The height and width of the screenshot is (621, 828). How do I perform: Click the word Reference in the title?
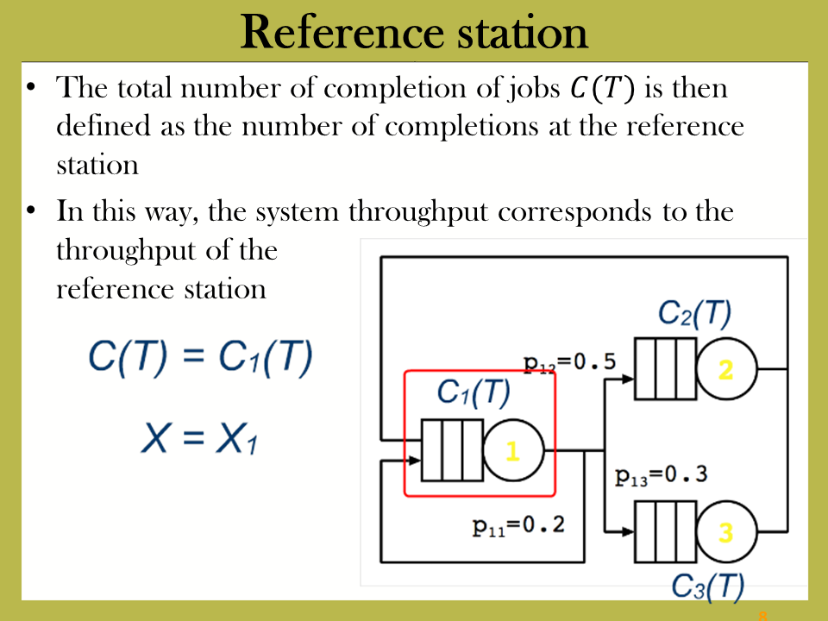342,33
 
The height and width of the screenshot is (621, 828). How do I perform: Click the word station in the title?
523,33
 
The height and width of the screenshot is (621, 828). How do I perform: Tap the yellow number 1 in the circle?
512,451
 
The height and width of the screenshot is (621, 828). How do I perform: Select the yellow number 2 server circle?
726,369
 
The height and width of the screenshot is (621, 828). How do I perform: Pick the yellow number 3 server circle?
726,532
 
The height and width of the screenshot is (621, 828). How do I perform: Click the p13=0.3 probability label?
662,475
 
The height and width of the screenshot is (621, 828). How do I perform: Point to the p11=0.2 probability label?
518,526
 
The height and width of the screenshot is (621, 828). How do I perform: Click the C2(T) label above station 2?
694,314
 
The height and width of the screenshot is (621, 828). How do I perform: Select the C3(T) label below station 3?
707,587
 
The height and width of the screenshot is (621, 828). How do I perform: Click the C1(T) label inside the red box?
474,393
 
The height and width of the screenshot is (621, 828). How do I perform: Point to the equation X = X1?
199,439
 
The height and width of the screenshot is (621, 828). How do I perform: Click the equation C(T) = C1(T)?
201,358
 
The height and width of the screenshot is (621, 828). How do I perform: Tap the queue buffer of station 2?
665,369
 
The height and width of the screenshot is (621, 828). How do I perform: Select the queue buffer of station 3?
665,532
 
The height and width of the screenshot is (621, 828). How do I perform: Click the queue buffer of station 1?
452,450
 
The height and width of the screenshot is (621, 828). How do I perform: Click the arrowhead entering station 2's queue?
628,379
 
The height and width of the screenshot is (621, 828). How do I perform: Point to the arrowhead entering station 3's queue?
628,532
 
